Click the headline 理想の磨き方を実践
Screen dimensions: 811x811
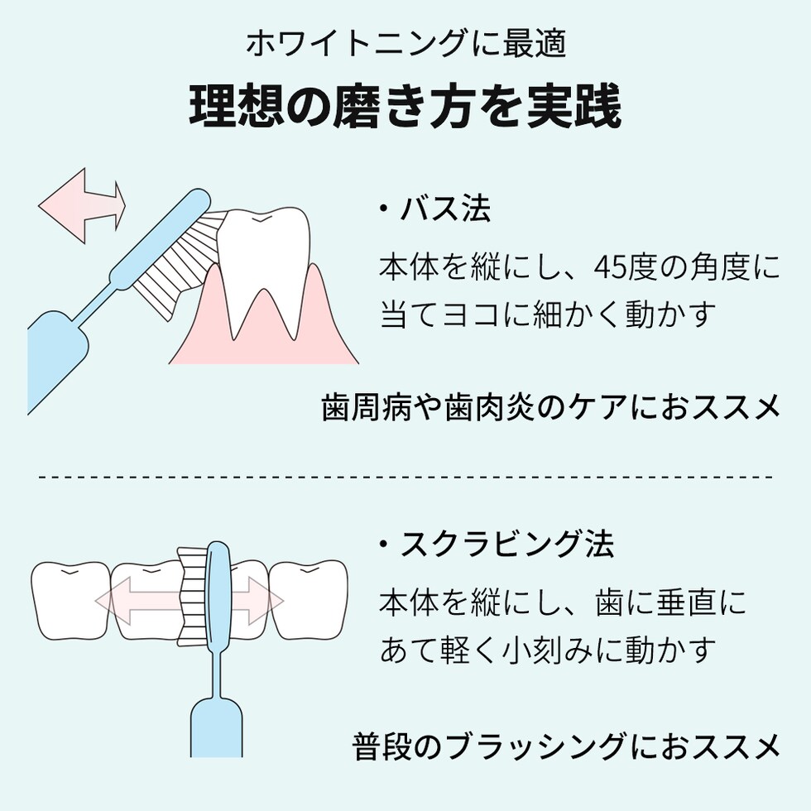point(405,106)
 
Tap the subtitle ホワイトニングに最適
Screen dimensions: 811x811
point(406,43)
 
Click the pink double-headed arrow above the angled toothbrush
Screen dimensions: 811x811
point(82,205)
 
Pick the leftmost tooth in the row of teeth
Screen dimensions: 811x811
point(70,601)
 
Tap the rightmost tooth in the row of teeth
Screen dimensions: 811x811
point(309,600)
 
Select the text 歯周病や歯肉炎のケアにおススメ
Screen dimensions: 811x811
point(550,407)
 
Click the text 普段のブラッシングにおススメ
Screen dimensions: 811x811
point(566,746)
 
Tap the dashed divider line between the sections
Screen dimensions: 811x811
point(405,477)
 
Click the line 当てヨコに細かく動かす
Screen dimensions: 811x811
point(548,314)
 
